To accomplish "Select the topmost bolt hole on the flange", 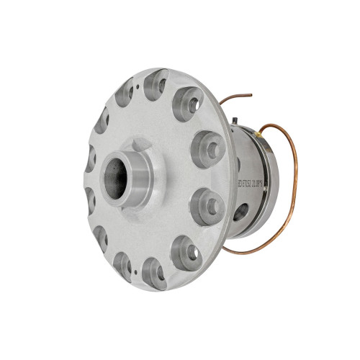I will click(x=157, y=85).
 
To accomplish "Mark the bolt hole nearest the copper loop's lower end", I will click(x=189, y=248).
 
